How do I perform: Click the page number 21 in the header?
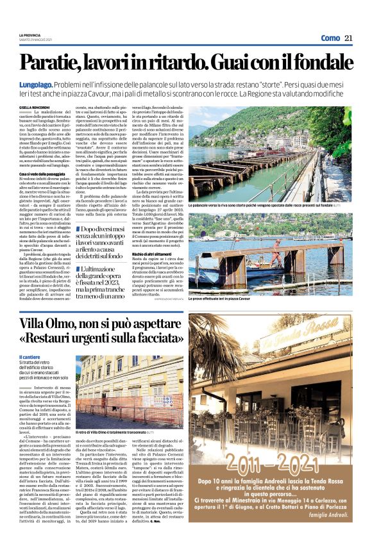(x=348, y=38)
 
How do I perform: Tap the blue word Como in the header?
(x=330, y=38)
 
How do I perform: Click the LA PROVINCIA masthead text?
(x=30, y=35)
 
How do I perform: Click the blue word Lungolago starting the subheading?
(x=40, y=85)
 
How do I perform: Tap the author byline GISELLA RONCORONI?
(x=34, y=108)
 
